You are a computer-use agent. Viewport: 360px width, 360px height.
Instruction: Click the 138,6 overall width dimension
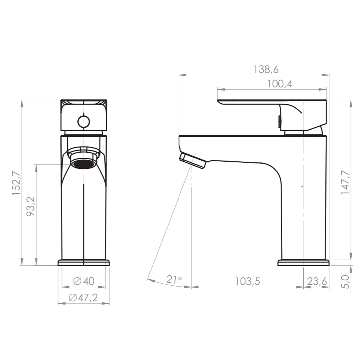click(266, 69)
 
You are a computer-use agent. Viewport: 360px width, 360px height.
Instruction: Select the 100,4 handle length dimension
click(279, 84)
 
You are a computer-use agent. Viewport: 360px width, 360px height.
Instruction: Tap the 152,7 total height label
click(17, 183)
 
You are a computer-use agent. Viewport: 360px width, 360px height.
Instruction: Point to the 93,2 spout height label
click(31, 206)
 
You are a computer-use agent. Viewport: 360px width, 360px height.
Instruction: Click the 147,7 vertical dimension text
click(345, 183)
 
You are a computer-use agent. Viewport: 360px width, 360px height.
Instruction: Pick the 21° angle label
click(174, 279)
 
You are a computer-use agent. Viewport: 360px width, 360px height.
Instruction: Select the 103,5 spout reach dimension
click(248, 281)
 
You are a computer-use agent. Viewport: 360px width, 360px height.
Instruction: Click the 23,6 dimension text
click(317, 281)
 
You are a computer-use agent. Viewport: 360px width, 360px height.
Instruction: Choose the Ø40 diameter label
click(84, 281)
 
